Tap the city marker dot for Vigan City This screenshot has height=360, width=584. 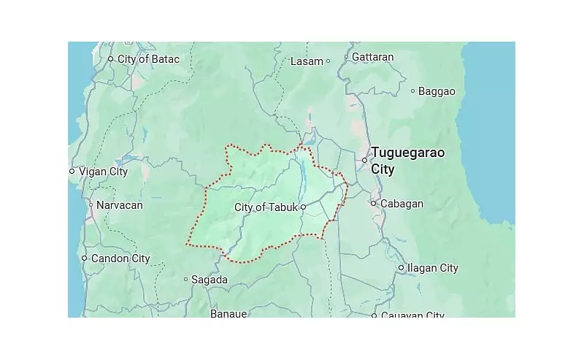(x=72, y=172)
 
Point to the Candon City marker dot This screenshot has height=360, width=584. (x=84, y=258)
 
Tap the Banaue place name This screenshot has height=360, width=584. (x=228, y=313)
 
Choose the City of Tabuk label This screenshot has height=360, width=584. (x=266, y=207)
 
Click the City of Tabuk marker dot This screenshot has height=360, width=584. (x=303, y=207)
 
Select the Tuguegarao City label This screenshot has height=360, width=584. (x=407, y=161)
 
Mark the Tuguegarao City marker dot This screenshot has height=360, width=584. (x=365, y=160)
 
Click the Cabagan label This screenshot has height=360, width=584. (x=401, y=204)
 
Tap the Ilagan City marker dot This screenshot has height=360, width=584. (x=401, y=268)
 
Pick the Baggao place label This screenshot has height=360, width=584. (x=437, y=91)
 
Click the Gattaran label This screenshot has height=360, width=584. (x=373, y=57)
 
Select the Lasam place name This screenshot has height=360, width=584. (x=307, y=61)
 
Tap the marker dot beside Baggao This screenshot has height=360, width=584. (x=412, y=91)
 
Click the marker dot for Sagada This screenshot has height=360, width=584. (x=186, y=279)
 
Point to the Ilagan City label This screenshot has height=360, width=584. (x=433, y=268)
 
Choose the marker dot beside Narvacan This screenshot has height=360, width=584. (x=91, y=205)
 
